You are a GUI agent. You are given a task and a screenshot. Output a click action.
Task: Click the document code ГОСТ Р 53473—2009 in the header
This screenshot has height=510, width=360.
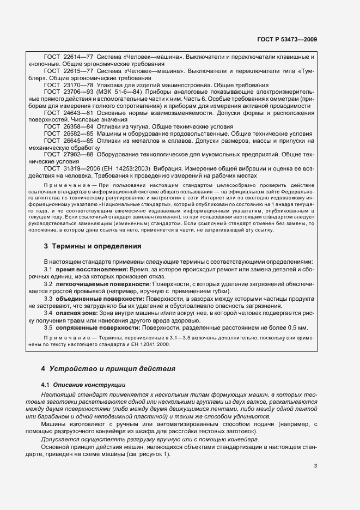[287, 39]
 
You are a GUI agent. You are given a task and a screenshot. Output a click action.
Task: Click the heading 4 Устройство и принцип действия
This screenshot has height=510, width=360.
[109, 368]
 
